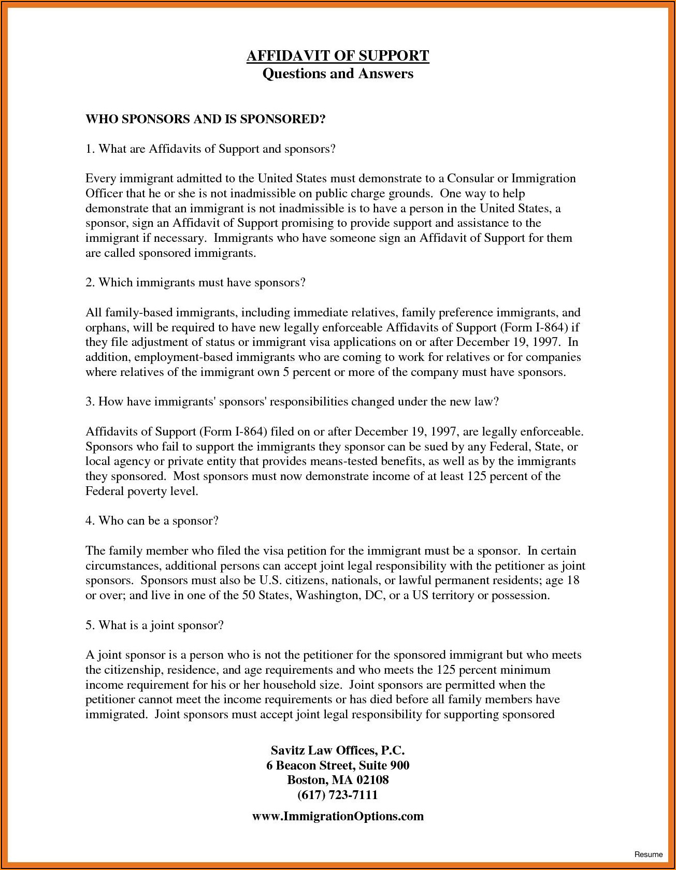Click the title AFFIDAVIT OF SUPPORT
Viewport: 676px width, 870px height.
coord(338,56)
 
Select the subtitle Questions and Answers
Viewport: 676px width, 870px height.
coord(338,74)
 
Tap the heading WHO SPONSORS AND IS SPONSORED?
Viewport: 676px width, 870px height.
coord(205,119)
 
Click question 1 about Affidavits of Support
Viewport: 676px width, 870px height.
coord(210,149)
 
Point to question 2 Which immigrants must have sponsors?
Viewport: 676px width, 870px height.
coord(195,283)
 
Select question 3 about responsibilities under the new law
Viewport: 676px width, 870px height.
coord(292,402)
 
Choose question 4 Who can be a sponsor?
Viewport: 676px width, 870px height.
coord(152,521)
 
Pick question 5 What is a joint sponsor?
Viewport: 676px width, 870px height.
coord(154,626)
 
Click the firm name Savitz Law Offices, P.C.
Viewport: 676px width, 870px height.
coord(338,750)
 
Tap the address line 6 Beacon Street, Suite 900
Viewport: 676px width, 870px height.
coord(338,765)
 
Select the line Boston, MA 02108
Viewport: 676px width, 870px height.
coord(338,780)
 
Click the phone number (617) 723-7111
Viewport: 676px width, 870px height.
coord(338,795)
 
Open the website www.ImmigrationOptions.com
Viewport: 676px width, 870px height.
coord(338,817)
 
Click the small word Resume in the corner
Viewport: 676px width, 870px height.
coord(648,854)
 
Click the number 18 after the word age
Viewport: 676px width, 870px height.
coord(573,581)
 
